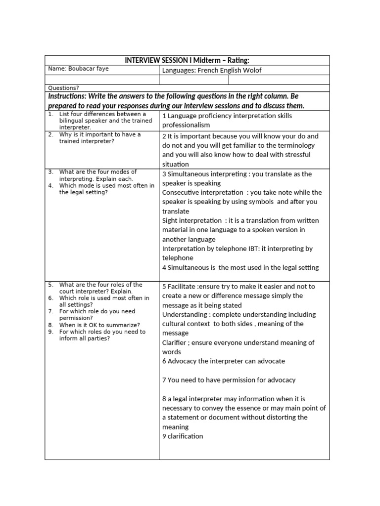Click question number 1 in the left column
click(x=51, y=114)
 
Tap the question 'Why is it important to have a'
click(x=100, y=134)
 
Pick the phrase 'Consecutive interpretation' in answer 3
click(x=202, y=192)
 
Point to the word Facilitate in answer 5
click(x=182, y=286)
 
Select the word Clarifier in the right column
click(x=177, y=342)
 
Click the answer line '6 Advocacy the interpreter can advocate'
click(x=223, y=361)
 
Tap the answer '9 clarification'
click(x=183, y=436)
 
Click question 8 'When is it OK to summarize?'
click(x=99, y=325)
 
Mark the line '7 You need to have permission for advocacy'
click(x=229, y=379)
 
